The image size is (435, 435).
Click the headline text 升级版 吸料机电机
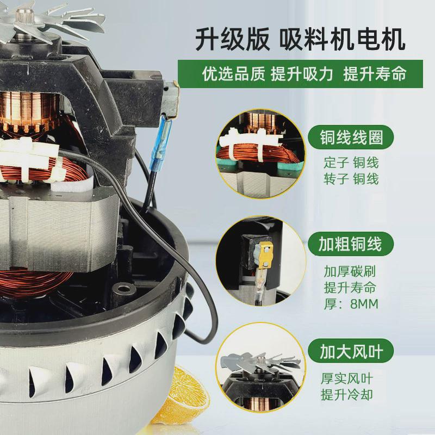pyautogui.click(x=300, y=41)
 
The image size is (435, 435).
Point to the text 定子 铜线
pyautogui.click(x=349, y=163)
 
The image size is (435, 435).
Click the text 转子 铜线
pyautogui.click(x=349, y=178)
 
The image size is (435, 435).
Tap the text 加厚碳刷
pyautogui.click(x=349, y=271)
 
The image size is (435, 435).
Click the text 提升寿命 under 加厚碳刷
pyautogui.click(x=349, y=287)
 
